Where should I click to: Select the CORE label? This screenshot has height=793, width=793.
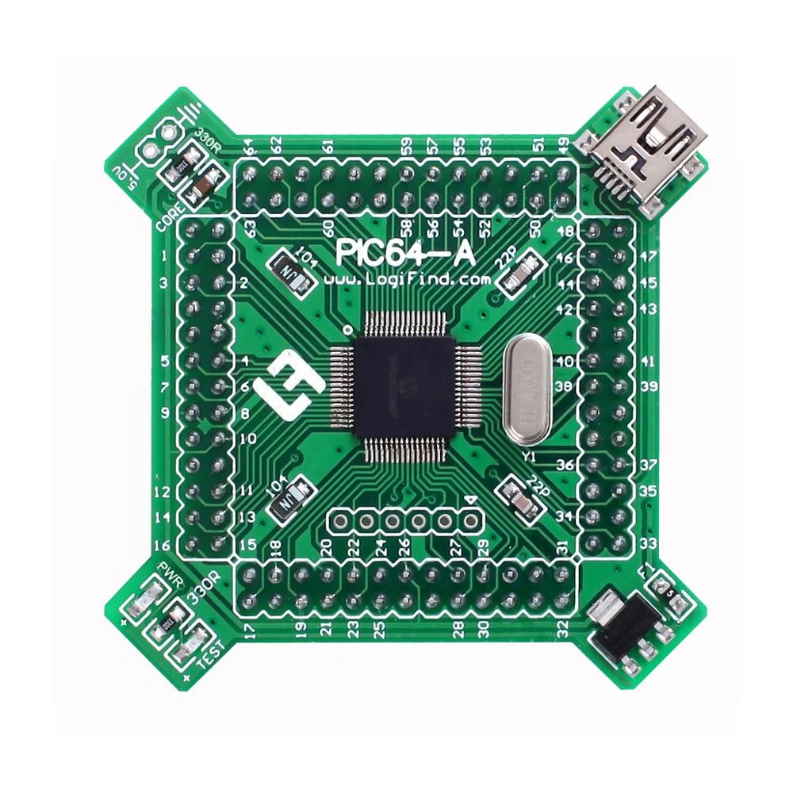171,216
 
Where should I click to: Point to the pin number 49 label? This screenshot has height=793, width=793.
564,146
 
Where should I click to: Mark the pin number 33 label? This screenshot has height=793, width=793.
649,543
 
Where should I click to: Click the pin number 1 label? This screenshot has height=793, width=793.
163,255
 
